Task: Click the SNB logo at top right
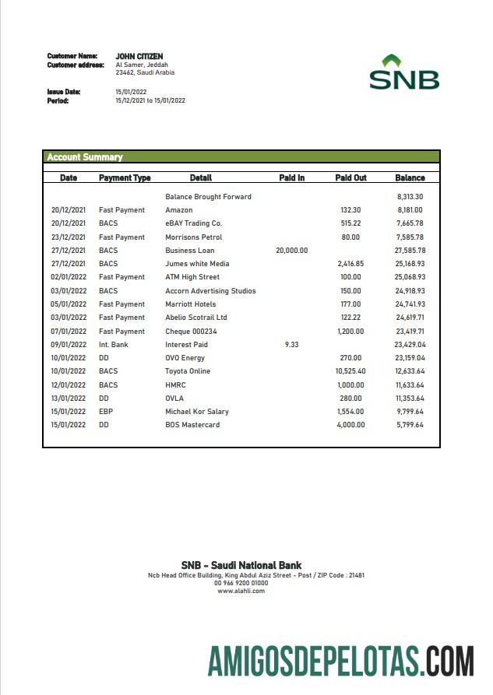pos(403,72)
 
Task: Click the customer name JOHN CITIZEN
pos(139,56)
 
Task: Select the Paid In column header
pos(291,178)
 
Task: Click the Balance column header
pos(410,178)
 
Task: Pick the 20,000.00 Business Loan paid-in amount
pos(291,251)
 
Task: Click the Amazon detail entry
pos(179,210)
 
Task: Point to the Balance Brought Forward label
pos(208,197)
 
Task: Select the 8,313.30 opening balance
pos(410,197)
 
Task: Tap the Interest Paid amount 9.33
pos(291,344)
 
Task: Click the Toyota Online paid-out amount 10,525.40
pos(350,371)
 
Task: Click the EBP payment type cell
pos(106,412)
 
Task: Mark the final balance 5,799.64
pos(409,425)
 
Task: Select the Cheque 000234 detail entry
pos(191,331)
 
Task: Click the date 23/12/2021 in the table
pos(69,237)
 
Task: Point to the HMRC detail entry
pos(175,384)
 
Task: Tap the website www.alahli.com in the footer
pos(241,591)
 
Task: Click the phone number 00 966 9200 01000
pos(241,583)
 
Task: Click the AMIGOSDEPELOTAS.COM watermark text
pos(340,661)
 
